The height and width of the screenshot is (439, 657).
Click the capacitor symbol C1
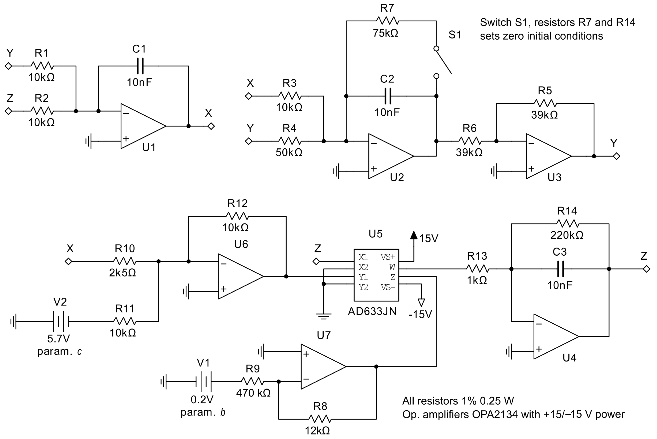click(140, 66)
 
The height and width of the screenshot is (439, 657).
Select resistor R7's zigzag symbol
click(387, 21)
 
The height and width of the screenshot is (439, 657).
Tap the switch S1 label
click(455, 35)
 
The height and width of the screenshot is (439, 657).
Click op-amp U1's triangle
click(140, 126)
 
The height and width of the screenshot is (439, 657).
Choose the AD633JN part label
click(372, 312)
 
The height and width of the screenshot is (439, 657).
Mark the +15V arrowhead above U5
click(414, 235)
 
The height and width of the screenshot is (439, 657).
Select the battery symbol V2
click(61, 321)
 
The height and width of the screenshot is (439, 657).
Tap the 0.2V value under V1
click(202, 399)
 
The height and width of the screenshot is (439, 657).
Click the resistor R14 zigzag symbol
click(568, 224)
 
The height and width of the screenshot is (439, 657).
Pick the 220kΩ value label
click(567, 235)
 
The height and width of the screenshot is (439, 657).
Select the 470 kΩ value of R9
click(253, 393)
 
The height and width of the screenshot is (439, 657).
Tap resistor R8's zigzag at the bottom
click(320, 419)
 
